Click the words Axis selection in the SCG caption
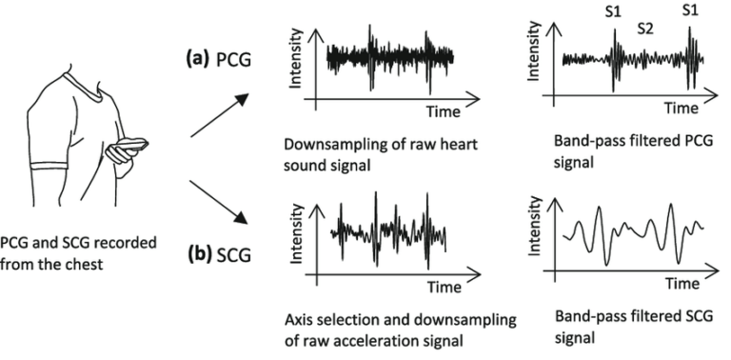point(327,316)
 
